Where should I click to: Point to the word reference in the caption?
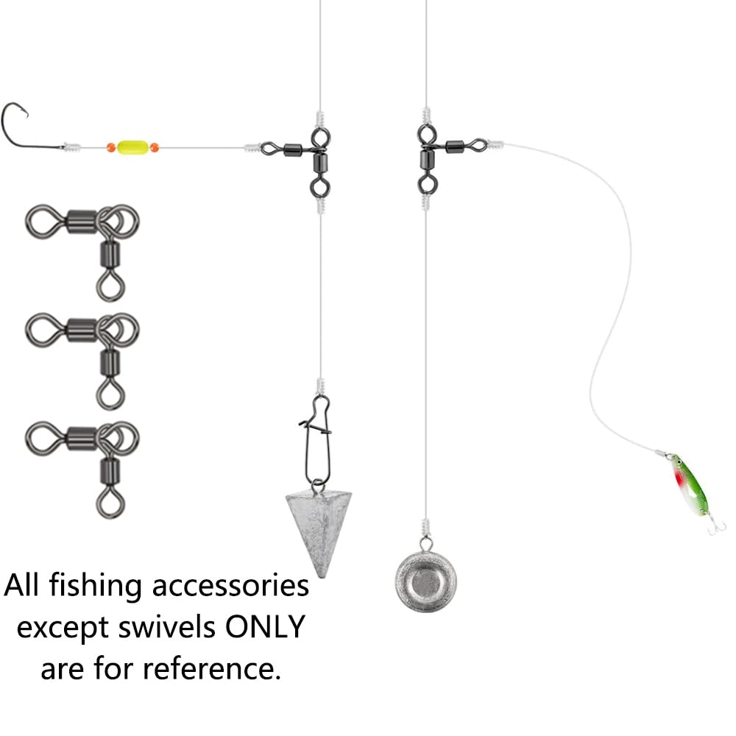click(211, 668)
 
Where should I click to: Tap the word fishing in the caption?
click(95, 587)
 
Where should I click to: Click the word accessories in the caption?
click(230, 587)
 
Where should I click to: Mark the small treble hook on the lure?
click(716, 526)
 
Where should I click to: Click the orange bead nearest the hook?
click(111, 147)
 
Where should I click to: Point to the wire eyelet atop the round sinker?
click(425, 545)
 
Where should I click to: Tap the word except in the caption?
click(63, 629)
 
